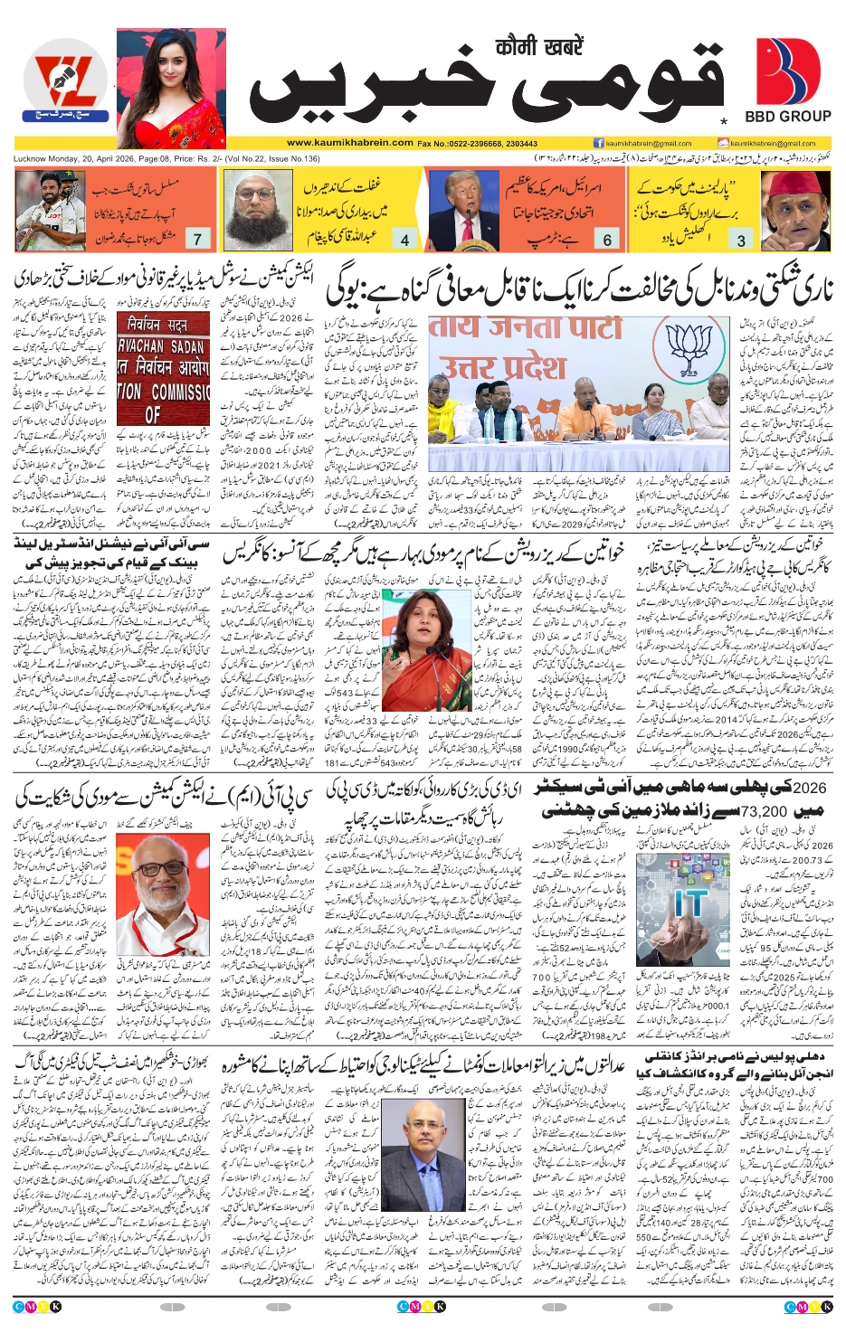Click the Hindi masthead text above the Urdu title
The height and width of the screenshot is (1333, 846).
tap(539, 45)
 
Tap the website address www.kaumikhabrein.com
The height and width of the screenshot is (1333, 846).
tap(350, 143)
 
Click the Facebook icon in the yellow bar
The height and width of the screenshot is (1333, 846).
tap(599, 143)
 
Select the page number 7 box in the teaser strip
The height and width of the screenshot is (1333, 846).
tap(197, 239)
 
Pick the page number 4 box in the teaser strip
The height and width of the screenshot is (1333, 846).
tap(405, 240)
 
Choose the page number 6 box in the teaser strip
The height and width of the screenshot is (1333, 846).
tap(607, 240)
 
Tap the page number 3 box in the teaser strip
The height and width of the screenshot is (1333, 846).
tap(741, 240)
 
